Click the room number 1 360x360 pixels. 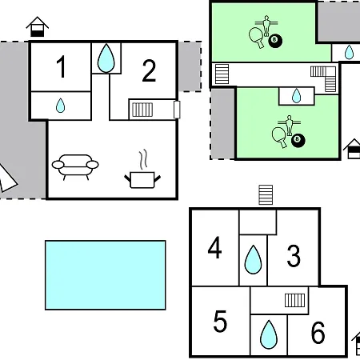pyautogui.click(x=62, y=66)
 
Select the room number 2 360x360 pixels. pyautogui.click(x=149, y=70)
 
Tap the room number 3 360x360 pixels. pyautogui.click(x=294, y=256)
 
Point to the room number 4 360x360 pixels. pyautogui.click(x=214, y=248)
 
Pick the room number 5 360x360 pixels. pyautogui.click(x=220, y=321)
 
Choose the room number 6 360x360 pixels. pyautogui.click(x=318, y=332)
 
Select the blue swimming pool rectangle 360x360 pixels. pyautogui.click(x=106, y=275)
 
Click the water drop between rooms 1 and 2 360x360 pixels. pyautogui.click(x=106, y=58)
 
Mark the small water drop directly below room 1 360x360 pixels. pyautogui.click(x=60, y=106)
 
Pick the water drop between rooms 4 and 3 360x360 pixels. pyautogui.click(x=253, y=260)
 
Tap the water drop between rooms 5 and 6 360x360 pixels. pyautogui.click(x=269, y=334)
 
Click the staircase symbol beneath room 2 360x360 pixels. pyautogui.click(x=142, y=110)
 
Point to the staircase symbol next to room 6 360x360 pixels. pyautogui.click(x=294, y=300)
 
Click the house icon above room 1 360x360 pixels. pyautogui.click(x=38, y=26)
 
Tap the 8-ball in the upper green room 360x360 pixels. pyautogui.click(x=275, y=41)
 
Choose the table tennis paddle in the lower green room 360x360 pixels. pyautogui.click(x=279, y=137)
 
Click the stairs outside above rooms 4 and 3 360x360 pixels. pyautogui.click(x=266, y=195)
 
